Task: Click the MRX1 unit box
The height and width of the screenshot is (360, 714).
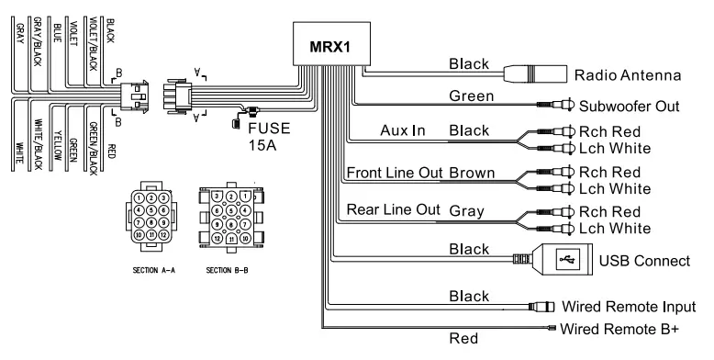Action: click(328, 45)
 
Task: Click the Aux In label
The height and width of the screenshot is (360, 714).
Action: click(403, 131)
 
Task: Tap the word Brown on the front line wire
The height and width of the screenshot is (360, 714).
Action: click(472, 173)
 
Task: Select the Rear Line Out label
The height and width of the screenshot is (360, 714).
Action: click(393, 209)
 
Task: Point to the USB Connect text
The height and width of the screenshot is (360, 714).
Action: click(643, 262)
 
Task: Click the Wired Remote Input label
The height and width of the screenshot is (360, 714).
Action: click(628, 307)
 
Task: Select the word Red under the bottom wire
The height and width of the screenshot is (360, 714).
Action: click(463, 339)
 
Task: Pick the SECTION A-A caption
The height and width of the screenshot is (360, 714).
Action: click(151, 271)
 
